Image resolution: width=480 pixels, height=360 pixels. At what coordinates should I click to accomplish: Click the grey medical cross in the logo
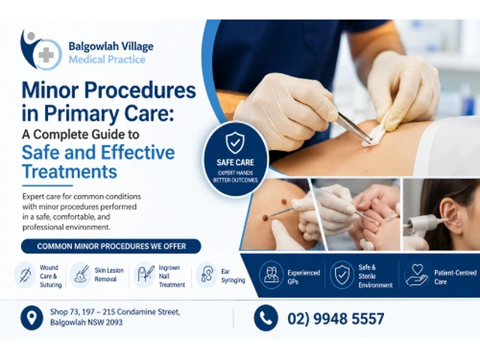coord(46,55)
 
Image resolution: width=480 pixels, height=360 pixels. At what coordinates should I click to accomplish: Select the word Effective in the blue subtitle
coord(137,152)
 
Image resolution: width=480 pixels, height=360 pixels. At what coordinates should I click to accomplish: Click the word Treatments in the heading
coord(70,172)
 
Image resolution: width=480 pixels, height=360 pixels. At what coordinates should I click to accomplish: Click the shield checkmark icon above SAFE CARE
coord(235,143)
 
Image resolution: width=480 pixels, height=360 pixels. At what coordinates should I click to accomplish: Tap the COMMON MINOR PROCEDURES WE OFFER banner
coord(111,247)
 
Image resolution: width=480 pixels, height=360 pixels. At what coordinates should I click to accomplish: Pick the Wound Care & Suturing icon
coord(25,274)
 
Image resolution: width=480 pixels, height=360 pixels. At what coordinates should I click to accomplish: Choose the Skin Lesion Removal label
coord(109,274)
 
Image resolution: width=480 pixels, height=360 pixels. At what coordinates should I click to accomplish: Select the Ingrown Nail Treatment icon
coord(145,274)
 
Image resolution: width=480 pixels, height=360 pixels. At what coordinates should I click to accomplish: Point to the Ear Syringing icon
coord(207,274)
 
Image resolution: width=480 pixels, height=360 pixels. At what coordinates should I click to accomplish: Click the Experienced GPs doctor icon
coord(271,274)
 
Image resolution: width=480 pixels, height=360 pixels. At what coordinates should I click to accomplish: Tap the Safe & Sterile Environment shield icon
coord(341,274)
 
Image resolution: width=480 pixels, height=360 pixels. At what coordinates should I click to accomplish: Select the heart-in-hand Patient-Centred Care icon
coord(415,274)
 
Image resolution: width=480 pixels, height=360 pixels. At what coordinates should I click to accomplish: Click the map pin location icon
coord(31,318)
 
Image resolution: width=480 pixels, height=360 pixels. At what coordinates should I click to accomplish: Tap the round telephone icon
coord(265,318)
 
